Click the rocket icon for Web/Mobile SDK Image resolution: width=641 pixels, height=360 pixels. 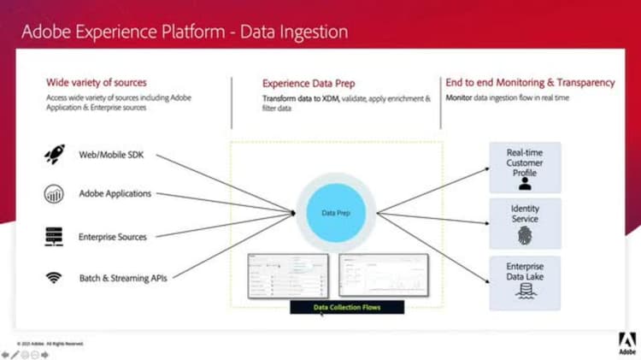pyautogui.click(x=54, y=154)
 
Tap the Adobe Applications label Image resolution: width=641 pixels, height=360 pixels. pyautogui.click(x=115, y=194)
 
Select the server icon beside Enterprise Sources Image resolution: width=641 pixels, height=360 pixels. pyautogui.click(x=54, y=236)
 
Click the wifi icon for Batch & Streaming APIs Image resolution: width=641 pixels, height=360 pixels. pyautogui.click(x=54, y=277)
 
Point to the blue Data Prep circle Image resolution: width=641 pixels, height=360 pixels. pyautogui.click(x=334, y=212)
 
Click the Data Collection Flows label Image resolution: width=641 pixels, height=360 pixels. pyautogui.click(x=347, y=307)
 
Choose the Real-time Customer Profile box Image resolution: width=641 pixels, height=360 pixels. pyautogui.click(x=525, y=167)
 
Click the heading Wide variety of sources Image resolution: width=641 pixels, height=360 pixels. pyautogui.click(x=97, y=83)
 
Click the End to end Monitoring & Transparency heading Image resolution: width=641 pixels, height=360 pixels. pyautogui.click(x=530, y=83)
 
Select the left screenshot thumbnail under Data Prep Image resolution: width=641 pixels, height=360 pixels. pyautogui.click(x=288, y=275)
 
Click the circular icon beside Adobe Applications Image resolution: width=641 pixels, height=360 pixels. pyautogui.click(x=54, y=195)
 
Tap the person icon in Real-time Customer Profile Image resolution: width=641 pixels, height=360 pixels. pyautogui.click(x=525, y=182)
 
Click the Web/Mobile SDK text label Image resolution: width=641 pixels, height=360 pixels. pyautogui.click(x=111, y=153)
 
